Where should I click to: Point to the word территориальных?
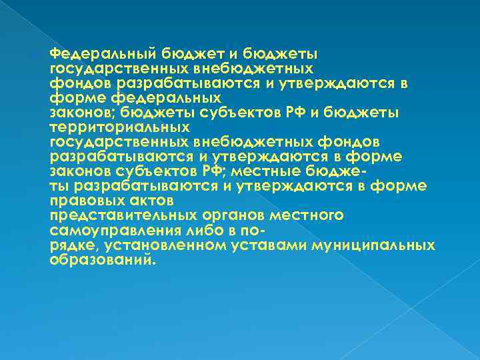pos(110,127)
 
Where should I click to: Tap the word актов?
pos(150,201)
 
